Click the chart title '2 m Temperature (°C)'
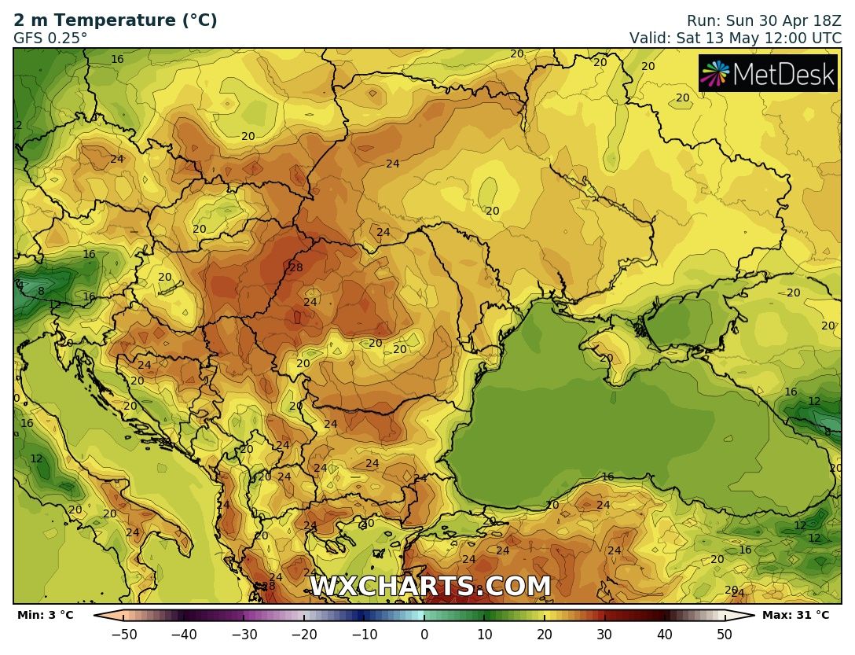pyautogui.click(x=116, y=20)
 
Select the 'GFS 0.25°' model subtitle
pyautogui.click(x=50, y=37)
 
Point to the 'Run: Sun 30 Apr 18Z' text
pyautogui.click(x=764, y=20)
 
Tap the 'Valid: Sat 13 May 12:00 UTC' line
pyautogui.click(x=735, y=37)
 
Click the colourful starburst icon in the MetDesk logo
pyautogui.click(x=716, y=74)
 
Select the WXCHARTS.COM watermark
pyautogui.click(x=430, y=587)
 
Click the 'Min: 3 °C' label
pyautogui.click(x=45, y=615)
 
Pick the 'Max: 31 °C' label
pyautogui.click(x=795, y=615)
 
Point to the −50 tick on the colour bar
pyautogui.click(x=124, y=634)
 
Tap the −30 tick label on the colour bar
pyautogui.click(x=244, y=634)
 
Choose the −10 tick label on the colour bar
pyautogui.click(x=364, y=634)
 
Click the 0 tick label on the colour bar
pyautogui.click(x=424, y=634)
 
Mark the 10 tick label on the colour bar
pyautogui.click(x=484, y=634)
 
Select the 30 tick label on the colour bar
pyautogui.click(x=604, y=634)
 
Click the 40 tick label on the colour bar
pyautogui.click(x=664, y=634)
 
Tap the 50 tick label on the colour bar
pyautogui.click(x=725, y=634)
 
